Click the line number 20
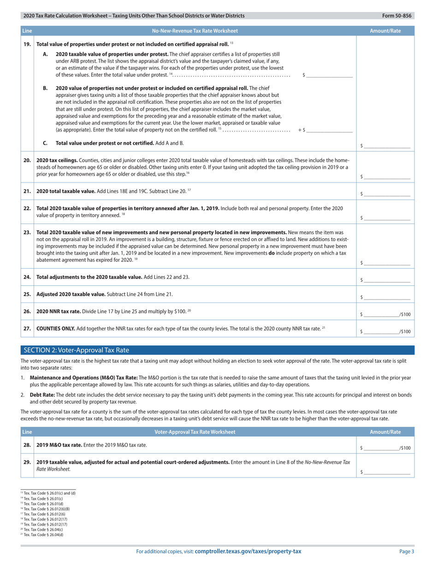click(27, 159)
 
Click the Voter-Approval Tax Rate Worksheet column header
click(195, 432)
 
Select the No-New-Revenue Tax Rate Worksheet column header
click(195, 31)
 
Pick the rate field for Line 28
click(381, 447)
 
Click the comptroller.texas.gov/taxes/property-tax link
click(248, 551)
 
